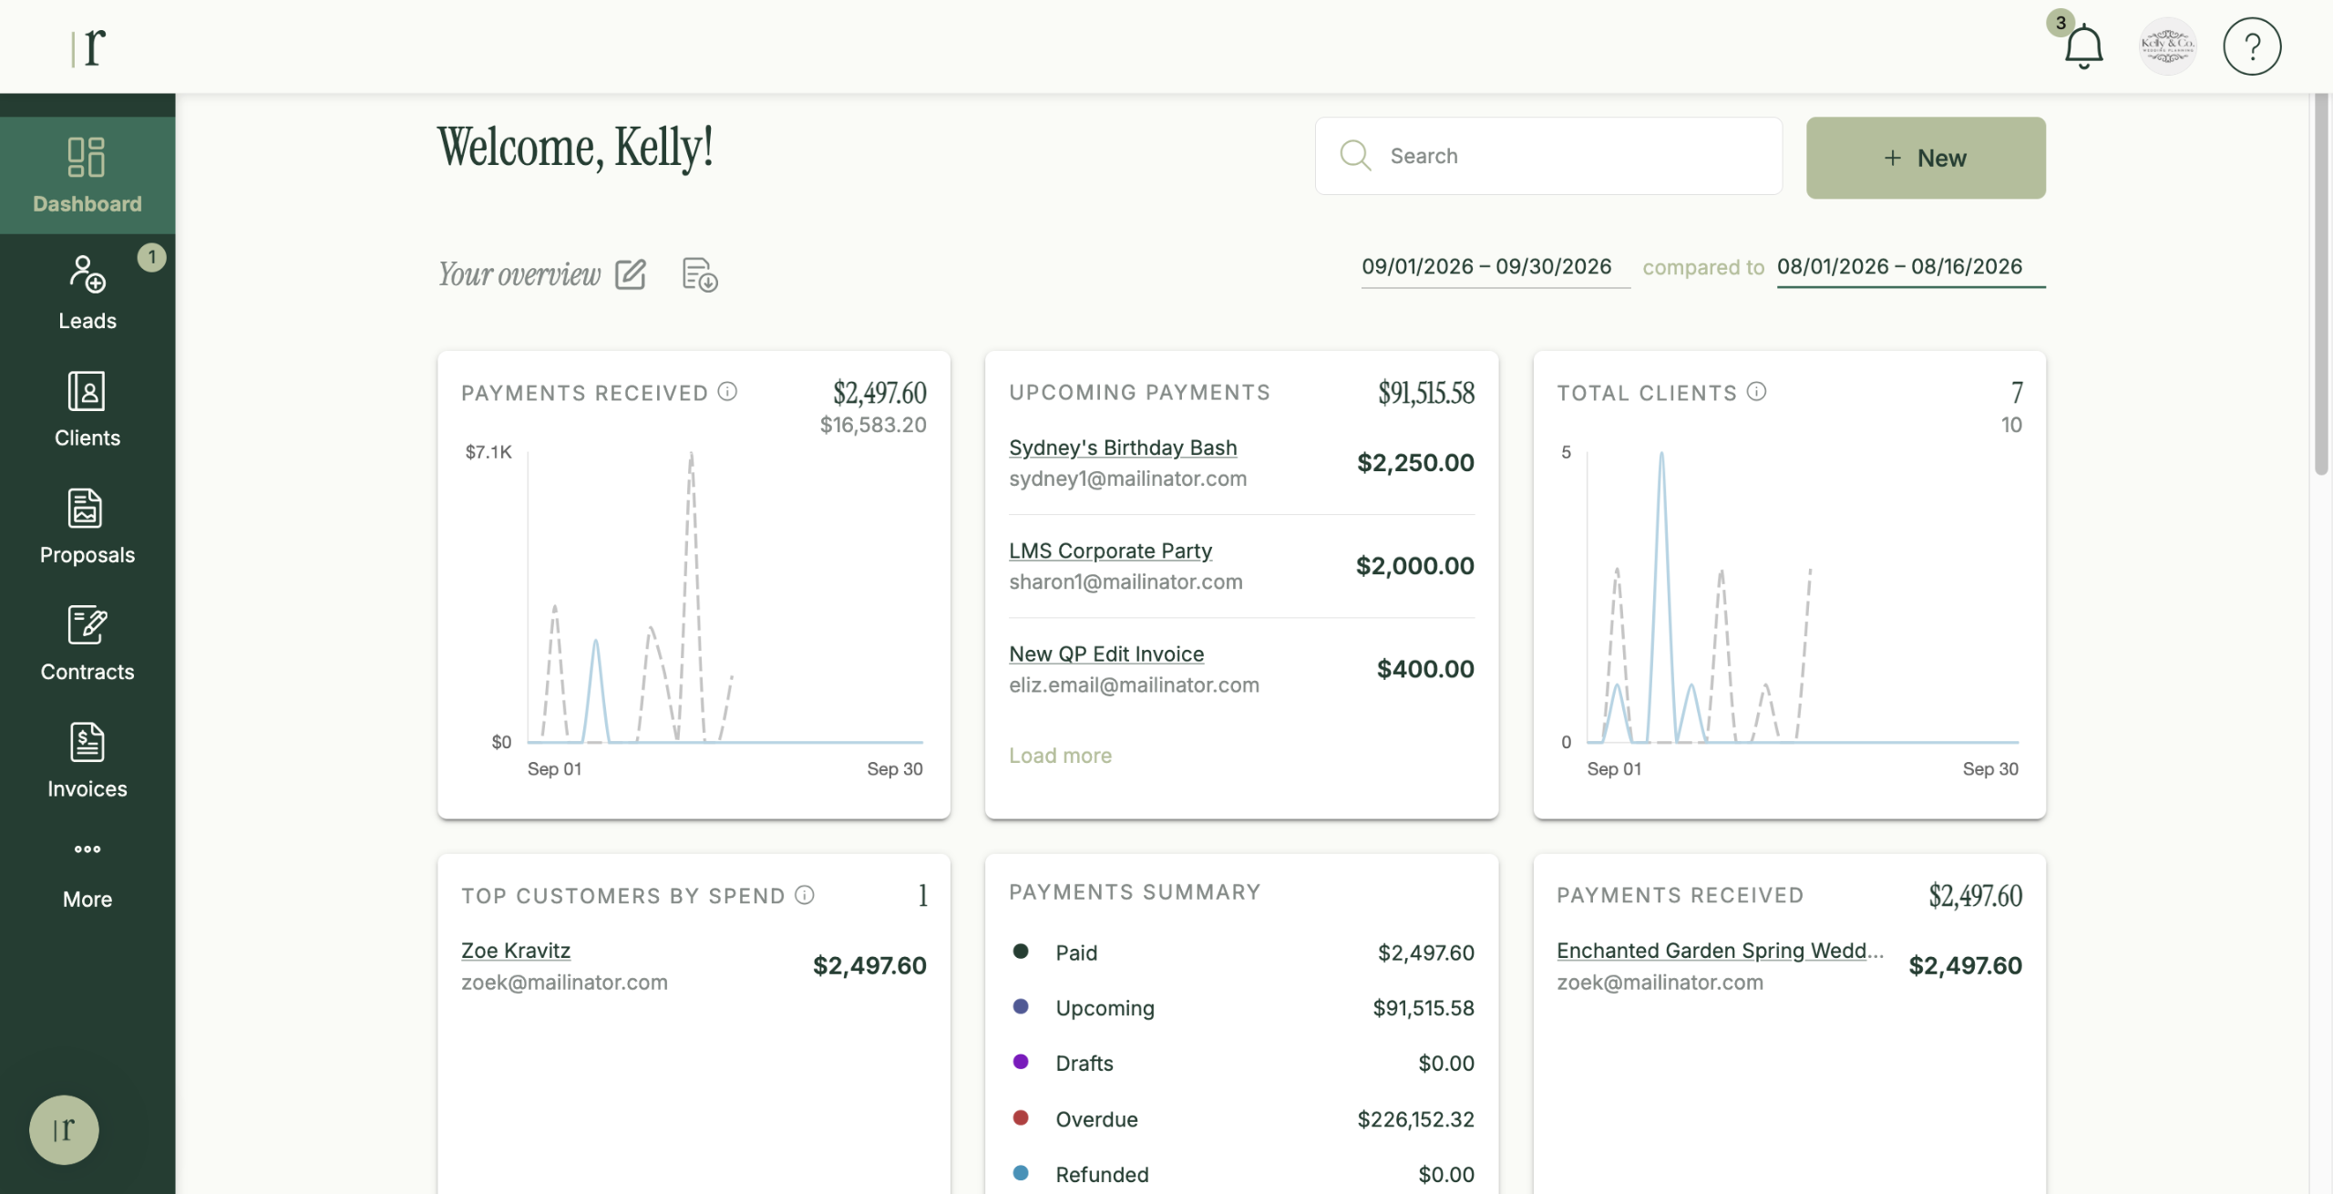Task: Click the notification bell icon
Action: click(2083, 47)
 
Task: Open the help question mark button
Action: click(2252, 46)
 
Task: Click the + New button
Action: click(1926, 158)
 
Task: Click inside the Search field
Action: click(1548, 156)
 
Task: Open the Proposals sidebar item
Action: click(87, 528)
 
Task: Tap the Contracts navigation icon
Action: click(87, 625)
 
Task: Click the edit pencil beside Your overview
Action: click(631, 274)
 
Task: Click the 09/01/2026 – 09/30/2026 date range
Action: click(1486, 267)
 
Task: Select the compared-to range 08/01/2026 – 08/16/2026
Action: click(1899, 267)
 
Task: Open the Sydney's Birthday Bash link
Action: click(1123, 448)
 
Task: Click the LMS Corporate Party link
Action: click(1110, 551)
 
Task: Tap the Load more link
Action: click(1060, 756)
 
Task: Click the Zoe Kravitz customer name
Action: click(516, 951)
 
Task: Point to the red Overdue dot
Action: click(1021, 1117)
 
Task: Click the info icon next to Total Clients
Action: click(1756, 392)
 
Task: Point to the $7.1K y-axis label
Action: click(488, 452)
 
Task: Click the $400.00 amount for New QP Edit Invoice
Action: click(1425, 669)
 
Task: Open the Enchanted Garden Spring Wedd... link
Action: click(1720, 951)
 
